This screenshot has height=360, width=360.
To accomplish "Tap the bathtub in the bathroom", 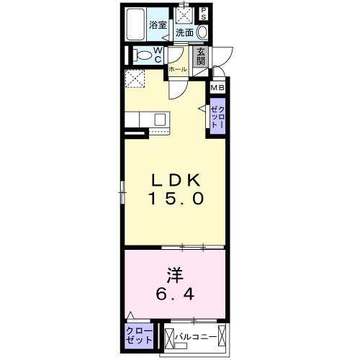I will (135, 26).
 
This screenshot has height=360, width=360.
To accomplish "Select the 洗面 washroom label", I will (184, 32).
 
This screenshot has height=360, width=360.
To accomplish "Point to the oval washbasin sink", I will (202, 32).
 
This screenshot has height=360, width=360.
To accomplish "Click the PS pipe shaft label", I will (204, 13).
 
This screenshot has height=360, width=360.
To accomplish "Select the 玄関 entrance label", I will (202, 55).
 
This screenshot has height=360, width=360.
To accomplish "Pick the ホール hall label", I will (179, 69).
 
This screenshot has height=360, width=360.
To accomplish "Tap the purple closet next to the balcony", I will (139, 335).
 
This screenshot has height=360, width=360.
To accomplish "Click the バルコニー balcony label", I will (195, 335).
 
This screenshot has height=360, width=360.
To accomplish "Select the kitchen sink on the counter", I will (160, 120).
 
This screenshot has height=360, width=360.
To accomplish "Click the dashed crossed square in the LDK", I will (134, 80).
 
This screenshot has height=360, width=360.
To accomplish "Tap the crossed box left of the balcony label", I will (170, 336).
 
